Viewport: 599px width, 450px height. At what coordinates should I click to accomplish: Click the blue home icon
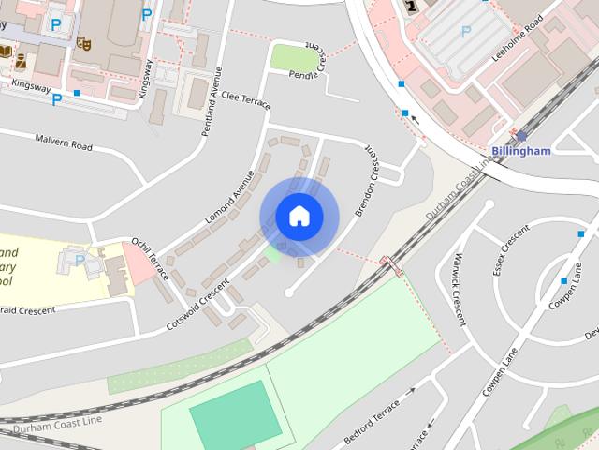[299, 217]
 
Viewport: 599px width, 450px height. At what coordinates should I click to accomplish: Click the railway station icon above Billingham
[521, 136]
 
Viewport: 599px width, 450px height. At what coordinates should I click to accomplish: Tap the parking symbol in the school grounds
[80, 260]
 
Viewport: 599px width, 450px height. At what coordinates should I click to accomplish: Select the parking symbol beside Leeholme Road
[465, 31]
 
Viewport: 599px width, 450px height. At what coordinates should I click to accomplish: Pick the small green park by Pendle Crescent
[293, 57]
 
